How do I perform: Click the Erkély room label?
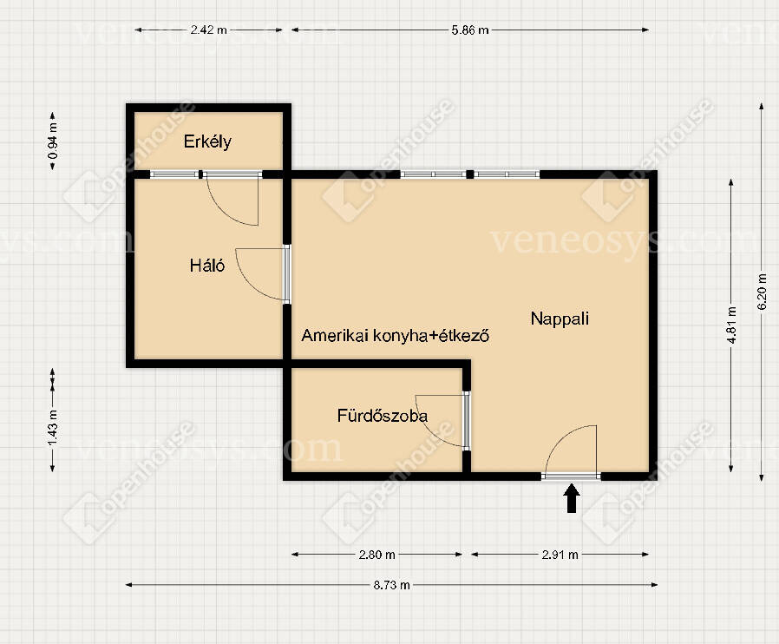pyautogui.click(x=207, y=142)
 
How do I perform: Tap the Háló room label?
pyautogui.click(x=207, y=266)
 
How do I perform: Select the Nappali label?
pyautogui.click(x=560, y=319)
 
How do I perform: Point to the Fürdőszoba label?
pyautogui.click(x=382, y=416)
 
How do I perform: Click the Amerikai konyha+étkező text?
pyautogui.click(x=395, y=335)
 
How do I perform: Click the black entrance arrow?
pyautogui.click(x=572, y=498)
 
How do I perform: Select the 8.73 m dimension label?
pyautogui.click(x=391, y=585)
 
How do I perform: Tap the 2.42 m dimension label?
pyautogui.click(x=209, y=30)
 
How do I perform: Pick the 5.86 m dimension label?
pyautogui.click(x=470, y=30)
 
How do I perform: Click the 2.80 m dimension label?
pyautogui.click(x=377, y=555)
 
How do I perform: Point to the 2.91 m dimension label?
pyautogui.click(x=560, y=555)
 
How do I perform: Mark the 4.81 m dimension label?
pyautogui.click(x=731, y=325)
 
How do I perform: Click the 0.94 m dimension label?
pyautogui.click(x=53, y=141)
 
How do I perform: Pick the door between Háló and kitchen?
pyautogui.click(x=286, y=273)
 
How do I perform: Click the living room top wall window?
pyautogui.click(x=470, y=174)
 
